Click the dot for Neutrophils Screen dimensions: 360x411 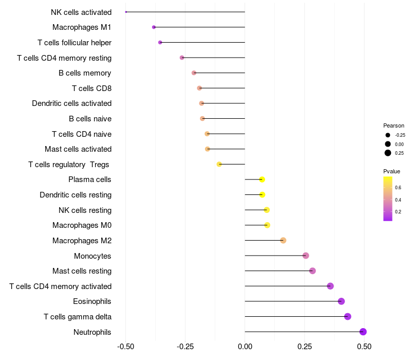(x=363, y=332)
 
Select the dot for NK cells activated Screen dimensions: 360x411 (x=126, y=12)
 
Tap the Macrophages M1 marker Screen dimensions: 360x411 (x=154, y=27)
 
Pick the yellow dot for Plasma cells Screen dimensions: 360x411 (x=262, y=179)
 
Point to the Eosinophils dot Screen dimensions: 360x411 (x=341, y=301)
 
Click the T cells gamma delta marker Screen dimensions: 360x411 (x=348, y=317)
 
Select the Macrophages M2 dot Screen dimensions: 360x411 (x=283, y=240)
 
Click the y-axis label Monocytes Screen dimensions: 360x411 (x=92, y=256)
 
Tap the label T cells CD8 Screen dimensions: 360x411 (x=91, y=88)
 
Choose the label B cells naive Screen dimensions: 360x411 (x=90, y=119)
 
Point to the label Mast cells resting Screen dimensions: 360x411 (x=82, y=271)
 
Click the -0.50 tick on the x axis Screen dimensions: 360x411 (x=125, y=347)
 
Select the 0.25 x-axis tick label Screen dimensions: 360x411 (x=304, y=347)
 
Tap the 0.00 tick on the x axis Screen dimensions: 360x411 (x=245, y=347)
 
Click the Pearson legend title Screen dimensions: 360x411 (x=394, y=125)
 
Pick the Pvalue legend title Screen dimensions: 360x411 (x=391, y=171)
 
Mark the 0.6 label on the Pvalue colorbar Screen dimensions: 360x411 (x=398, y=188)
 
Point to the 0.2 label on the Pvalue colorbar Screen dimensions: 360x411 (x=398, y=211)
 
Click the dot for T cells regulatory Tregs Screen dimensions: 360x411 (x=219, y=164)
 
